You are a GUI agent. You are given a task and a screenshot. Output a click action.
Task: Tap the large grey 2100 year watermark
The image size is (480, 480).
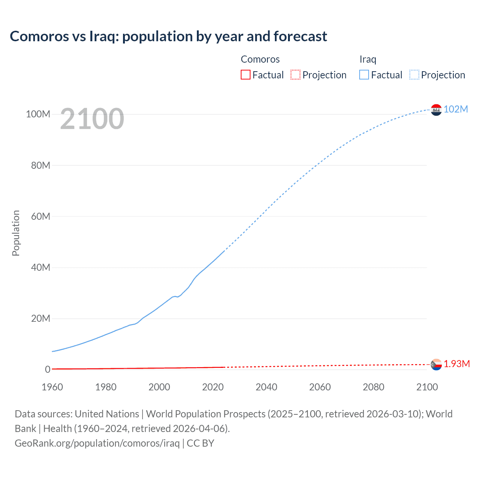click(x=92, y=119)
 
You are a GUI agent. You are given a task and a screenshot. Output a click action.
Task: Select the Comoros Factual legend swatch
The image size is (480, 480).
click(x=245, y=75)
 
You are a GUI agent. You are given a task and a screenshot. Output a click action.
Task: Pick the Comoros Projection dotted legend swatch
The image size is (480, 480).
click(x=295, y=75)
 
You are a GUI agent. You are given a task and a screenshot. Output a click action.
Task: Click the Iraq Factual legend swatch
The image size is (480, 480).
click(x=364, y=75)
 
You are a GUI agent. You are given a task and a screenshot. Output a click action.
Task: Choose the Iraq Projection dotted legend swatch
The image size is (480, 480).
click(x=414, y=75)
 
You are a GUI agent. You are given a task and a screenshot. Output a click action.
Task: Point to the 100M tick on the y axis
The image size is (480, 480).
click(x=38, y=114)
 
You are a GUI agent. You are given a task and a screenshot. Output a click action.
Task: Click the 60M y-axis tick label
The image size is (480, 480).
click(x=40, y=216)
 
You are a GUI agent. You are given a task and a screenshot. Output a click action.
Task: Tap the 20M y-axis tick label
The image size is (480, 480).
click(x=40, y=318)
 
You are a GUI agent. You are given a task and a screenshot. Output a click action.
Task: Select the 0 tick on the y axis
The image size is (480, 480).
click(x=48, y=369)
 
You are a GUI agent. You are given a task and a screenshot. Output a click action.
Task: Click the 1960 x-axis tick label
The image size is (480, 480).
click(x=52, y=387)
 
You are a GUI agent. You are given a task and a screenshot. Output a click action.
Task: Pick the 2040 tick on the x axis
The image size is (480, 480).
click(x=266, y=387)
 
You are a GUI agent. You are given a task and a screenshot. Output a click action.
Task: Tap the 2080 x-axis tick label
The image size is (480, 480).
click(x=373, y=387)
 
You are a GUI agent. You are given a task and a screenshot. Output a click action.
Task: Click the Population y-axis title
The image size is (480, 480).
click(x=16, y=233)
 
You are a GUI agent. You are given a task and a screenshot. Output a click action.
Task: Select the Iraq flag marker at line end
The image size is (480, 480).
click(x=436, y=109)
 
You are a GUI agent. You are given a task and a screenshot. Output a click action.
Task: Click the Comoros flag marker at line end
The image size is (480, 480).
click(x=436, y=364)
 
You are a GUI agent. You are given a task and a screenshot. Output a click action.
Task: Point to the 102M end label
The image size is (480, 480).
click(x=456, y=109)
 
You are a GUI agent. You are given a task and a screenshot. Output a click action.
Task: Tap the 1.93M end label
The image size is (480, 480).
click(x=457, y=364)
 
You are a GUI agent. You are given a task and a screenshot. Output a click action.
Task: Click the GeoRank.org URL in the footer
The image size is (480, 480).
click(x=97, y=443)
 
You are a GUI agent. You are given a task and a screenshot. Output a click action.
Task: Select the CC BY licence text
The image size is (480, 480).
click(x=200, y=443)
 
